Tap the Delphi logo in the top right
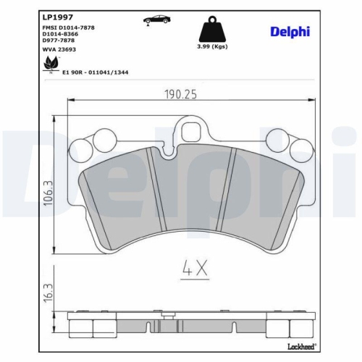290,30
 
